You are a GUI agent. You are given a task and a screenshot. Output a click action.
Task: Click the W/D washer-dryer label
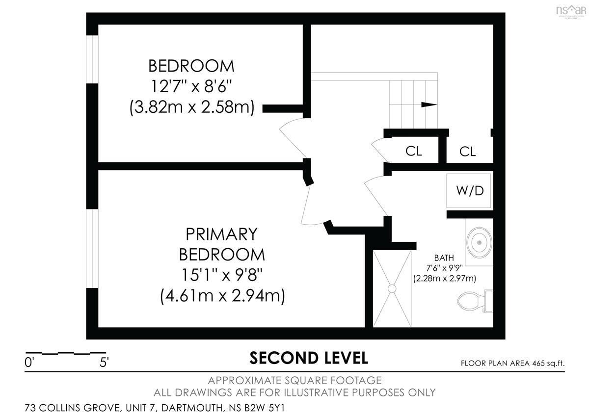470,191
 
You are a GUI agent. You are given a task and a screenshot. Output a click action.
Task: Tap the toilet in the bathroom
475,301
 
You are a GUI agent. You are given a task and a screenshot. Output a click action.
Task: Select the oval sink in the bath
479,242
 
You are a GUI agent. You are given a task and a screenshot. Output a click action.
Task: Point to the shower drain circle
392,288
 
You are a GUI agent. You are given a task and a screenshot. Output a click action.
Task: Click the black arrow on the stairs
429,104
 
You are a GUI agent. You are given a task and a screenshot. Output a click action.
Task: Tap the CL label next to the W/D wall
467,152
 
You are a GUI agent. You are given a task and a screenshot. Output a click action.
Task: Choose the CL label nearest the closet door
414,151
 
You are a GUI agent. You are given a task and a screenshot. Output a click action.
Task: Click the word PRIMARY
221,234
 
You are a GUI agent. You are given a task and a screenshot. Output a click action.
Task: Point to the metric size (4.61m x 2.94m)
222,296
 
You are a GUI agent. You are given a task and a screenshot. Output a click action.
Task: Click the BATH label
444,258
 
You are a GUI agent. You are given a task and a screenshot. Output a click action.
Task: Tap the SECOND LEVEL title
309,358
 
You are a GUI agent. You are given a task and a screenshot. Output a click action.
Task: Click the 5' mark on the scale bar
104,363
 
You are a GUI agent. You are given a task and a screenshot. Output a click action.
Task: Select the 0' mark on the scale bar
29,363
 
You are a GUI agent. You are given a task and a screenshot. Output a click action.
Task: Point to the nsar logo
571,11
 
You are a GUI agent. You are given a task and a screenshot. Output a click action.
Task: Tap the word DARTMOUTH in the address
192,408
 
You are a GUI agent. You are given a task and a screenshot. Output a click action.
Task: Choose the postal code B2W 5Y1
265,408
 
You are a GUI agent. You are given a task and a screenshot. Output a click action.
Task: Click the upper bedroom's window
92,59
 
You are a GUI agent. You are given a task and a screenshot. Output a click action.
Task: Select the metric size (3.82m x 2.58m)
192,107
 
